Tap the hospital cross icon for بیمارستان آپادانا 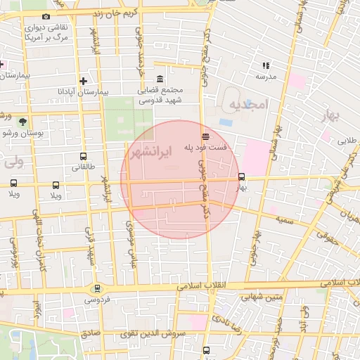pos(84,81)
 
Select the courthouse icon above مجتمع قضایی pos(161,78)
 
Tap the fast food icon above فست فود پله pos(205,136)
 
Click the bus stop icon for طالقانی pos(84,157)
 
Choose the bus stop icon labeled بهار pos(242,177)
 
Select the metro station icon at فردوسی pos(97,288)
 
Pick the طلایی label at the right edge pos(347,140)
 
